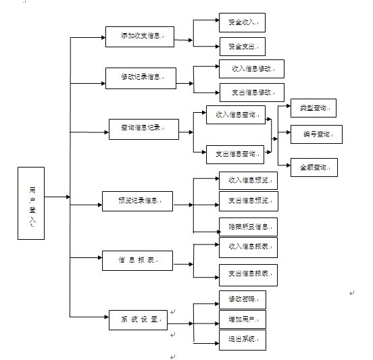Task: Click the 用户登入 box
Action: click(31, 203)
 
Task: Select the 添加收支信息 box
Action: click(140, 36)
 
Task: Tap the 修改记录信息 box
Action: click(140, 78)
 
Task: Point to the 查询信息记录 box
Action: click(144, 128)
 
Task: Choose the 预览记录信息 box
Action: click(136, 201)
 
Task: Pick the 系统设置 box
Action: click(138, 319)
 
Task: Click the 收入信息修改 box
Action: click(251, 69)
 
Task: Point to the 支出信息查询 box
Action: click(235, 155)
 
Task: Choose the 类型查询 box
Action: click(313, 108)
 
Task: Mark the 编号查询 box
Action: click(316, 134)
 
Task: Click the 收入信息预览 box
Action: click(248, 182)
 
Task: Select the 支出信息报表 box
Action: click(248, 274)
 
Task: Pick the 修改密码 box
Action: click(242, 299)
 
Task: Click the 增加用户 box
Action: click(242, 319)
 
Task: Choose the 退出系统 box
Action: click(242, 339)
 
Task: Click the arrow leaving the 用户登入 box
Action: click(57, 197)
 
